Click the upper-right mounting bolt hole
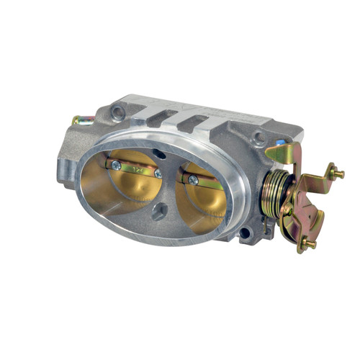[258, 138]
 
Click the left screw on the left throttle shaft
[116, 165]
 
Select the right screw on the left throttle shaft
[158, 174]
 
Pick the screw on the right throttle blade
[192, 180]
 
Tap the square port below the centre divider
[163, 212]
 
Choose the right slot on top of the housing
[193, 123]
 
